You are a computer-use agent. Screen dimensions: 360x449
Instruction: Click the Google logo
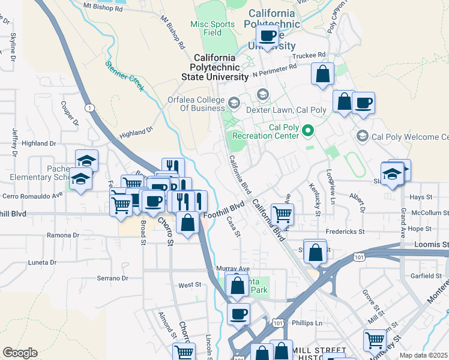point(20,353)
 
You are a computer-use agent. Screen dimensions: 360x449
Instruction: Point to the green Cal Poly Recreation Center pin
point(309,130)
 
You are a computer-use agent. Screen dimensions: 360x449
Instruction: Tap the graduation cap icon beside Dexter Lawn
point(262,94)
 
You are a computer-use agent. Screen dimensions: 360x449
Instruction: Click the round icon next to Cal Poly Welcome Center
point(363,137)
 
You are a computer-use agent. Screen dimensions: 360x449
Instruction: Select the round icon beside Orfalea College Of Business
point(234,104)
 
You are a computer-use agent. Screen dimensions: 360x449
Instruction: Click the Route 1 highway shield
point(89,107)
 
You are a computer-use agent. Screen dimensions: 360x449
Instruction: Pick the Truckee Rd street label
point(308,55)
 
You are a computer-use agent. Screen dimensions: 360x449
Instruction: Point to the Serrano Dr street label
point(113,278)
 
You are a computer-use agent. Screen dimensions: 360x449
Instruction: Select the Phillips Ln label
point(307,323)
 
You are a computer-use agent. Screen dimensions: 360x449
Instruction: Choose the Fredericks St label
point(345,231)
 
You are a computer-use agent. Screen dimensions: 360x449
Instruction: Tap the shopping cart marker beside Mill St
point(375,340)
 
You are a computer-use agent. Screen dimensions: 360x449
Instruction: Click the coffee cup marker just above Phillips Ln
point(238,313)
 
